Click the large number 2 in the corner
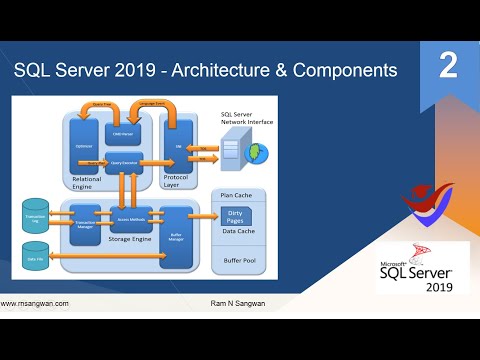(448, 66)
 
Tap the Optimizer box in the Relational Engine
(85, 146)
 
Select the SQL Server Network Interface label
(243, 121)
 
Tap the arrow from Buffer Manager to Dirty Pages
(206, 215)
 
